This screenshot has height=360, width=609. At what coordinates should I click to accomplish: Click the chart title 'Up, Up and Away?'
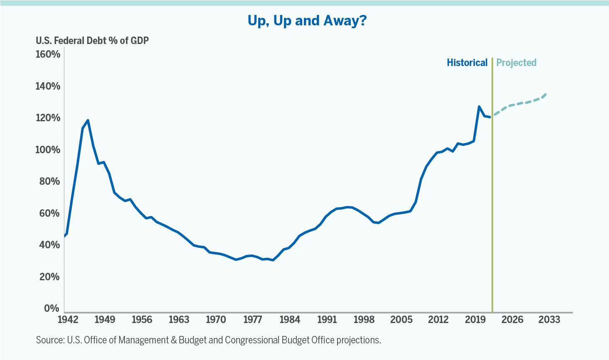pyautogui.click(x=307, y=20)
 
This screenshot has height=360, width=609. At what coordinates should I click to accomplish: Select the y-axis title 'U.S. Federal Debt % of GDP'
pyautogui.click(x=92, y=41)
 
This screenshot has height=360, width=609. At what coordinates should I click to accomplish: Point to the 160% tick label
pyautogui.click(x=48, y=54)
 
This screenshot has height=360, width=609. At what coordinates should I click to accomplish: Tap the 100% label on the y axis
pyautogui.click(x=48, y=149)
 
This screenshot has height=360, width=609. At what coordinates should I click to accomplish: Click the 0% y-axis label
pyautogui.click(x=52, y=308)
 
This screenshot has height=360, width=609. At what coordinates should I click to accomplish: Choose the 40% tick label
pyautogui.click(x=50, y=245)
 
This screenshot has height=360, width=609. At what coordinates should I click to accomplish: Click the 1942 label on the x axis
pyautogui.click(x=68, y=320)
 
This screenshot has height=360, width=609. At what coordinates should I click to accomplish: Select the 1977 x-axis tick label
pyautogui.click(x=252, y=320)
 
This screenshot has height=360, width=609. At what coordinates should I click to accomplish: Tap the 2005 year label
pyautogui.click(x=401, y=320)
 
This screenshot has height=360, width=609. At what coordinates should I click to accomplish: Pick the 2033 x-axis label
pyautogui.click(x=549, y=320)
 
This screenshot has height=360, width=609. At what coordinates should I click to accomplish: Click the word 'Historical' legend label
pyautogui.click(x=467, y=63)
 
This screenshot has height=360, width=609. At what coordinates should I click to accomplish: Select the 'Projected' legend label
pyautogui.click(x=516, y=63)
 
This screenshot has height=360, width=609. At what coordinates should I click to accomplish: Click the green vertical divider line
pyautogui.click(x=492, y=187)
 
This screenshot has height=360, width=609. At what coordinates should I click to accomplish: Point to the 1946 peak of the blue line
pyautogui.click(x=88, y=120)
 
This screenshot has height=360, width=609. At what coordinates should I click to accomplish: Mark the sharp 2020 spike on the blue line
pyautogui.click(x=479, y=107)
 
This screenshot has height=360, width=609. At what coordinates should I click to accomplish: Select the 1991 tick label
pyautogui.click(x=327, y=320)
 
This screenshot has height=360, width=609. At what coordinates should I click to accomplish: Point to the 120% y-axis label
pyautogui.click(x=48, y=118)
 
